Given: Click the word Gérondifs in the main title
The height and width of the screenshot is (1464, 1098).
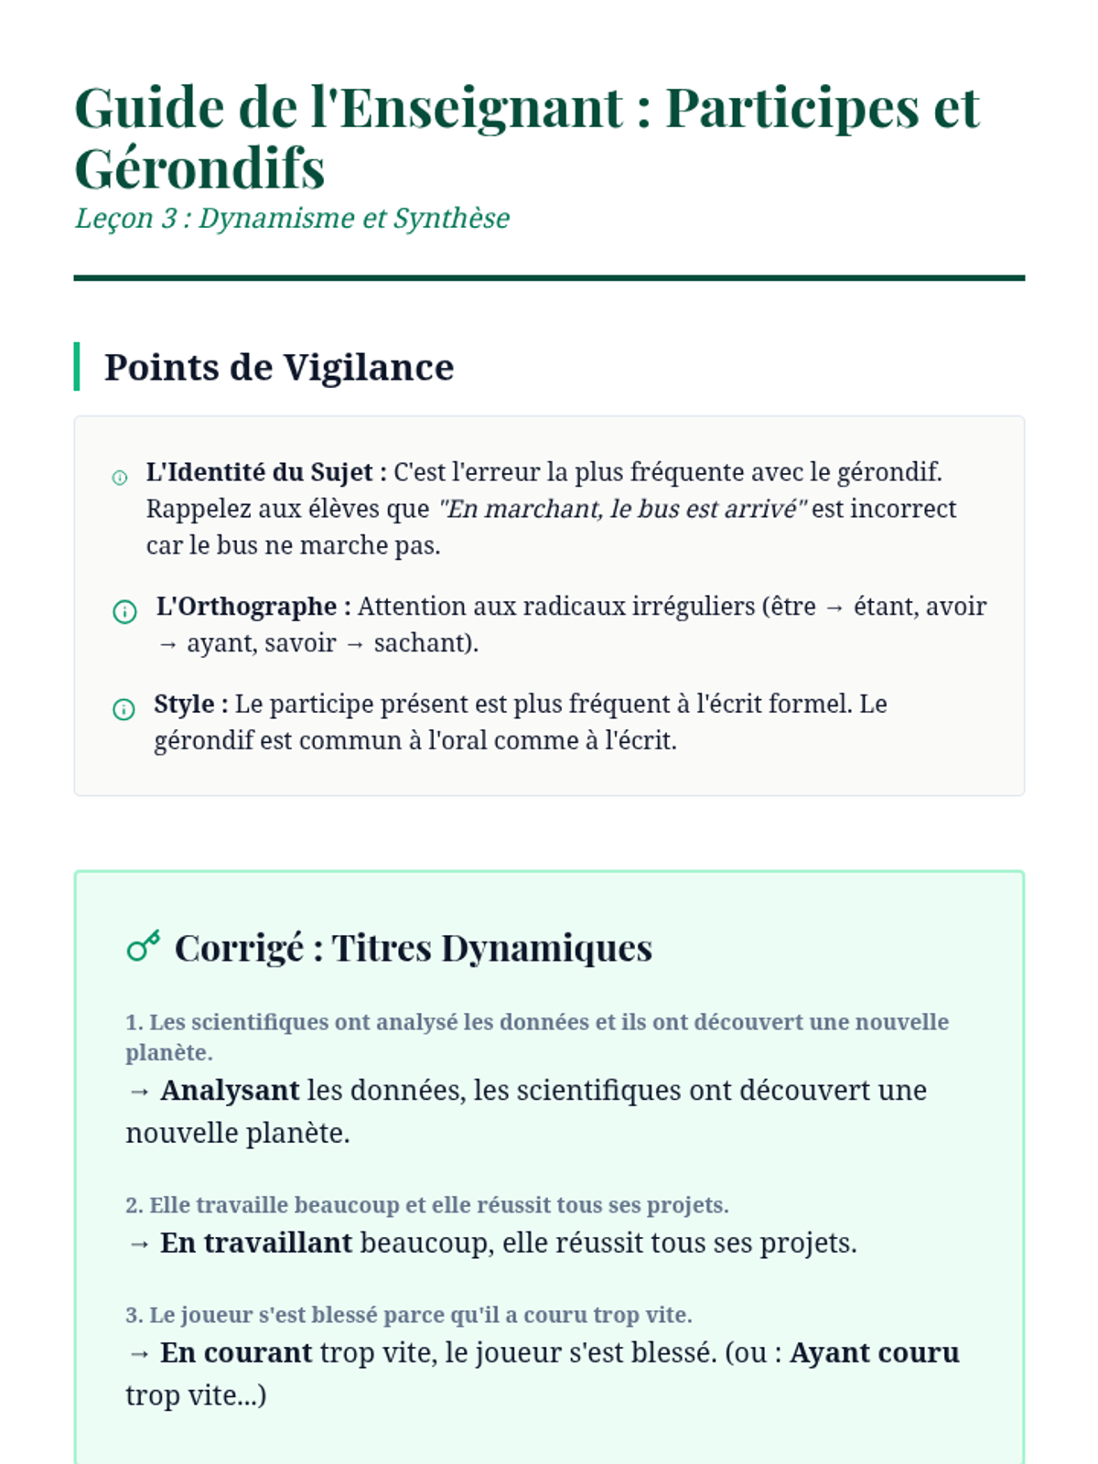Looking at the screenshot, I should pyautogui.click(x=199, y=168).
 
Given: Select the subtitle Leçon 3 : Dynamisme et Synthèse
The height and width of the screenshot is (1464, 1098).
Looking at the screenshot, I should pyautogui.click(x=292, y=219).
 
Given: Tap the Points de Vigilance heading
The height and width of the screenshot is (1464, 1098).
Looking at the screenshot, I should pyautogui.click(x=279, y=367).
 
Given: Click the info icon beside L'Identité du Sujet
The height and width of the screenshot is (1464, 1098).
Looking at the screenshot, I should pyautogui.click(x=120, y=478).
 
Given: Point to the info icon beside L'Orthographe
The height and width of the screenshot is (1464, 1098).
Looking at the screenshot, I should pyautogui.click(x=124, y=611).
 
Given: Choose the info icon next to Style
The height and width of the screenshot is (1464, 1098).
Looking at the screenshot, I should pyautogui.click(x=124, y=709).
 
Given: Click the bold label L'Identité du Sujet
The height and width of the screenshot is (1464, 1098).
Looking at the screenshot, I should pyautogui.click(x=259, y=472).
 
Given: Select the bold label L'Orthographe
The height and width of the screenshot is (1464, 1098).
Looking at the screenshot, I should pyautogui.click(x=246, y=607).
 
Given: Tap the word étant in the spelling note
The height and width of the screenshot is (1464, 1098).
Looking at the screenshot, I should pyautogui.click(x=884, y=607).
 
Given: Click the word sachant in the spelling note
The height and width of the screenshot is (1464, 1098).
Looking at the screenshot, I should pyautogui.click(x=423, y=643).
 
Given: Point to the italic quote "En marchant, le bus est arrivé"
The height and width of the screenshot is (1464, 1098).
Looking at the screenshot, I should pyautogui.click(x=621, y=509).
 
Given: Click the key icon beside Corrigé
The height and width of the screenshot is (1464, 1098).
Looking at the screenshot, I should pyautogui.click(x=144, y=946).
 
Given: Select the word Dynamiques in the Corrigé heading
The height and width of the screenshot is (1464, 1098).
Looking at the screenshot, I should pyautogui.click(x=546, y=948).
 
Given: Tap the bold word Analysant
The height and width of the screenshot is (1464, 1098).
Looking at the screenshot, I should pyautogui.click(x=230, y=1091).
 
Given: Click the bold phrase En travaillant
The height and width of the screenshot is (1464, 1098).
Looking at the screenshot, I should pyautogui.click(x=256, y=1243).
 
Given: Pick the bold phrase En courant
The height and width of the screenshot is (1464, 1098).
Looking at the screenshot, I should pyautogui.click(x=236, y=1353).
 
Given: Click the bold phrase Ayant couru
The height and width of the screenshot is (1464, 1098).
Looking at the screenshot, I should pyautogui.click(x=874, y=1353).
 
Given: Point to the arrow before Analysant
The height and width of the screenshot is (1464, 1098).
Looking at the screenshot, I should pyautogui.click(x=139, y=1092).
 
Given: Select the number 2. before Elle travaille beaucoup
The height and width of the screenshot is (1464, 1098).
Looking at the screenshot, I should pyautogui.click(x=134, y=1205).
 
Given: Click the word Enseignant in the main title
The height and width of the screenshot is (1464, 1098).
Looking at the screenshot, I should pyautogui.click(x=481, y=108).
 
